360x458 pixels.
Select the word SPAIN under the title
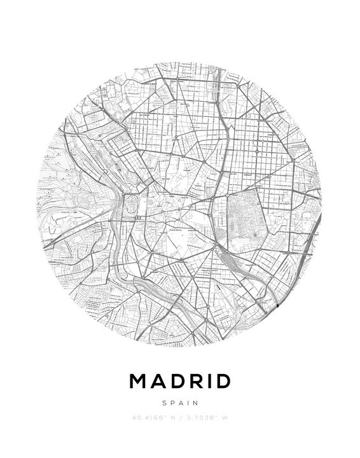click(180, 402)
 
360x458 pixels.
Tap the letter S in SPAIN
click(164, 402)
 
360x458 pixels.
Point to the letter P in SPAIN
click(172, 402)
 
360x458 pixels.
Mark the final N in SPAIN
click(197, 402)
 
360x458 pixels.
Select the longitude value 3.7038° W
click(207, 418)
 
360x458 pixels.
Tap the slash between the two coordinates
click(181, 418)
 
